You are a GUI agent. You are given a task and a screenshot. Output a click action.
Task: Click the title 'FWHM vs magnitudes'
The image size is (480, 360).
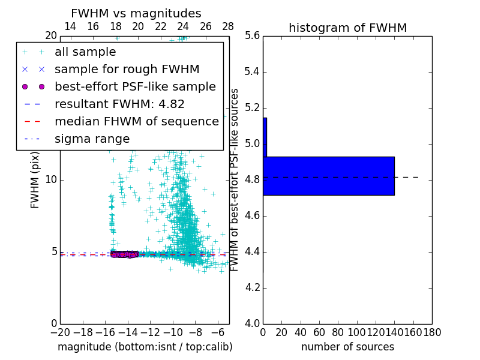click(x=136, y=13)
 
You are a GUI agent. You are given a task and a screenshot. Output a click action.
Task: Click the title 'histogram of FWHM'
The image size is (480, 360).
click(x=347, y=28)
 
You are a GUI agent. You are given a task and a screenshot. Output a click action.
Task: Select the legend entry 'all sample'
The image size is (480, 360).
click(x=85, y=52)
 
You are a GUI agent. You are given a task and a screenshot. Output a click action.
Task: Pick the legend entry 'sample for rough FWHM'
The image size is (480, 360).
click(x=127, y=70)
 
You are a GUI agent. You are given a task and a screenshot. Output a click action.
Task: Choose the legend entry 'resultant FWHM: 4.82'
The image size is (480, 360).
click(x=119, y=104)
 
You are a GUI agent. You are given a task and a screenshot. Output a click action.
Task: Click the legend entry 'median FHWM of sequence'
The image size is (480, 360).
click(x=136, y=122)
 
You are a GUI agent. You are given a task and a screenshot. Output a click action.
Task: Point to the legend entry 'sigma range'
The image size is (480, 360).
click(x=92, y=139)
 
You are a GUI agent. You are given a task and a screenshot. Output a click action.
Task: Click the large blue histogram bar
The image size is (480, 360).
click(x=329, y=176)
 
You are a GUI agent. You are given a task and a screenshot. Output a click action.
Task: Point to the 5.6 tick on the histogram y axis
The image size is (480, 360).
click(x=253, y=36)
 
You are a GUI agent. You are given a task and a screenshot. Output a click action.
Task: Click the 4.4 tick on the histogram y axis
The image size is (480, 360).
click(x=253, y=252)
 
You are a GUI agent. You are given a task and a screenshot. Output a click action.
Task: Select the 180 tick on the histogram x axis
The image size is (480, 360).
click(x=432, y=332)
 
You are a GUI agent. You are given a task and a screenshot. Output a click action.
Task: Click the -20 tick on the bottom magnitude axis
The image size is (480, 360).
click(x=60, y=332)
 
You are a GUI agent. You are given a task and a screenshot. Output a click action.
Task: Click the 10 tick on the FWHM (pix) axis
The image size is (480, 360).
click(x=51, y=180)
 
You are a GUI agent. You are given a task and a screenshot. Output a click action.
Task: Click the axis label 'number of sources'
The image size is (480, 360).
click(x=347, y=347)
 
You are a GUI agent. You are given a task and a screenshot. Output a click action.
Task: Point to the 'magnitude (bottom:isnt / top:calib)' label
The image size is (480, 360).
click(x=145, y=347)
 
